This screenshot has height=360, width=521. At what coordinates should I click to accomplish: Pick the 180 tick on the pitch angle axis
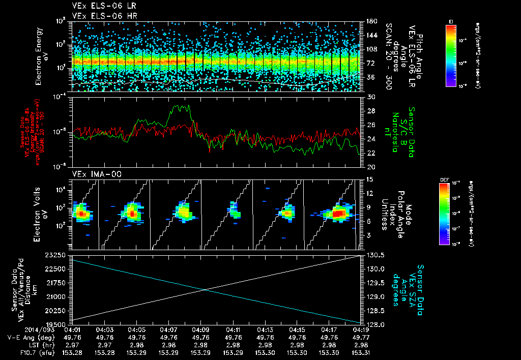coord(370,21)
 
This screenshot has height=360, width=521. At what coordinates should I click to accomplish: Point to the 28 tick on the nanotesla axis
coord(370,111)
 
